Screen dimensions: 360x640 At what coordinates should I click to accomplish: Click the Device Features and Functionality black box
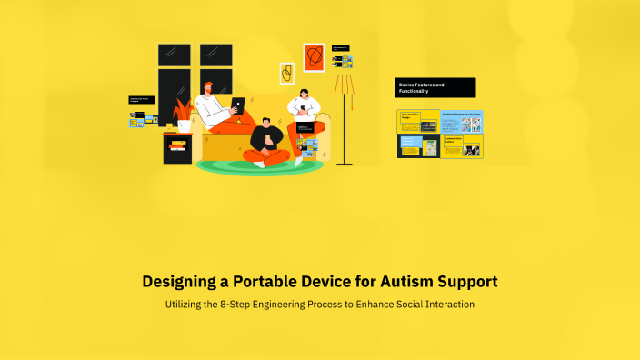coord(435,87)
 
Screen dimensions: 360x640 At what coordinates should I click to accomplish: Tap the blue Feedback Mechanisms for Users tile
coord(462,122)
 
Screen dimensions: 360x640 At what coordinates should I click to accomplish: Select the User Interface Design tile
coord(418,122)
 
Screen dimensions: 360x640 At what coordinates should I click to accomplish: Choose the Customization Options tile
coord(462,146)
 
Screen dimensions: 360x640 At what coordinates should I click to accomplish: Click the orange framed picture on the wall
coord(314,57)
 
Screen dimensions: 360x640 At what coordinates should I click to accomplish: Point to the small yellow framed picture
coord(286,73)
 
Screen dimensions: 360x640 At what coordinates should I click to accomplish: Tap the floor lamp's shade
coord(345,84)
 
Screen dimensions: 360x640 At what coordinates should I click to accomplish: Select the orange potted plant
coord(185,112)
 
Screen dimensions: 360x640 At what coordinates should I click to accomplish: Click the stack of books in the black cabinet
coord(177,145)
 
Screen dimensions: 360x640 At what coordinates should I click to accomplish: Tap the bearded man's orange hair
coord(209,86)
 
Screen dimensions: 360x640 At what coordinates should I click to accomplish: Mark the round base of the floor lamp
coord(345,164)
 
